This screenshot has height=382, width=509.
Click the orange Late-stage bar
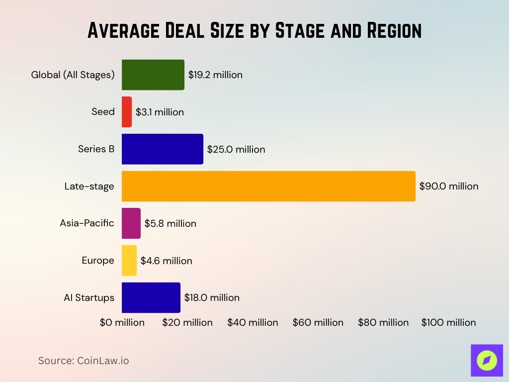pyautogui.click(x=268, y=186)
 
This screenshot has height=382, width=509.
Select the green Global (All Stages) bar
pyautogui.click(x=153, y=75)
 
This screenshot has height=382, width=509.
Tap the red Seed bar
pyautogui.click(x=127, y=112)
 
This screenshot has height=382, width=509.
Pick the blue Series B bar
pyautogui.click(x=162, y=149)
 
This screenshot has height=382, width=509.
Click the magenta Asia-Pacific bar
pyautogui.click(x=131, y=223)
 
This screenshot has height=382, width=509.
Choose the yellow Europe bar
pyautogui.click(x=129, y=260)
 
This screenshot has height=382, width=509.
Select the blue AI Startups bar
pyautogui.click(x=151, y=297)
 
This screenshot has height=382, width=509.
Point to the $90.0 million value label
pyautogui.click(x=448, y=186)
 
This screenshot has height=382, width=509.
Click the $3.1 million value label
pyautogui.click(x=160, y=112)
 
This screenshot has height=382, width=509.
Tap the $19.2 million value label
pyautogui.click(x=215, y=75)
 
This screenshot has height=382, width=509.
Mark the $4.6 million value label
pyautogui.click(x=166, y=260)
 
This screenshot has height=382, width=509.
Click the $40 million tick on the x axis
pyautogui.click(x=253, y=322)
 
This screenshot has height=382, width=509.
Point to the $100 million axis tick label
pyautogui.click(x=448, y=322)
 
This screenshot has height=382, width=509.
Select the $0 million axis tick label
pyautogui.click(x=122, y=322)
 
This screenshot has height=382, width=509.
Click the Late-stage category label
pyautogui.click(x=89, y=186)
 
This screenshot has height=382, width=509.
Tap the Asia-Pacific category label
pyautogui.click(x=87, y=223)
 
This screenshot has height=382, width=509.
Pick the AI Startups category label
pyautogui.click(x=89, y=297)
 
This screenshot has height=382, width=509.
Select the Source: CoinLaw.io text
pyautogui.click(x=84, y=361)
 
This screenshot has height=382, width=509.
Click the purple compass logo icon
pyautogui.click(x=487, y=360)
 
